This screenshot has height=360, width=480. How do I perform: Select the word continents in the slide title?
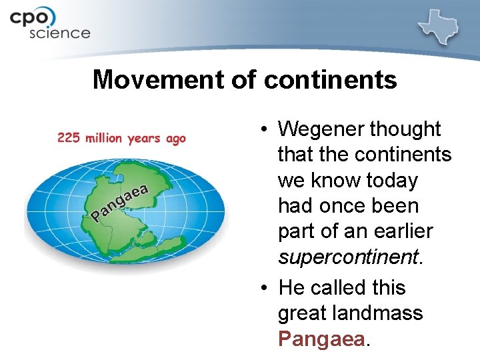click(x=331, y=80)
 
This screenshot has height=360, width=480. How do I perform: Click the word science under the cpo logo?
click(x=59, y=32)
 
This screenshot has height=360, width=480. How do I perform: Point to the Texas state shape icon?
click(x=443, y=27)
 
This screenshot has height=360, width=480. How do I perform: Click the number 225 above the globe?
click(x=70, y=138)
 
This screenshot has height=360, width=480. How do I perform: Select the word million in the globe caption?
click(x=105, y=138)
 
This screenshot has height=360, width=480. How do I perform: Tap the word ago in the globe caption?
click(x=175, y=139)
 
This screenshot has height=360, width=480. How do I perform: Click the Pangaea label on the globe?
click(x=119, y=202)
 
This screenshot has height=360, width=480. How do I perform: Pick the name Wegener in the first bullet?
click(x=321, y=129)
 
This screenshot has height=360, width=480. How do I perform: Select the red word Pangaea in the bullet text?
click(x=321, y=338)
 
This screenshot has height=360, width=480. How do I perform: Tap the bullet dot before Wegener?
click(x=265, y=129)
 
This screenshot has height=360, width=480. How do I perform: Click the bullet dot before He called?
click(x=265, y=288)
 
